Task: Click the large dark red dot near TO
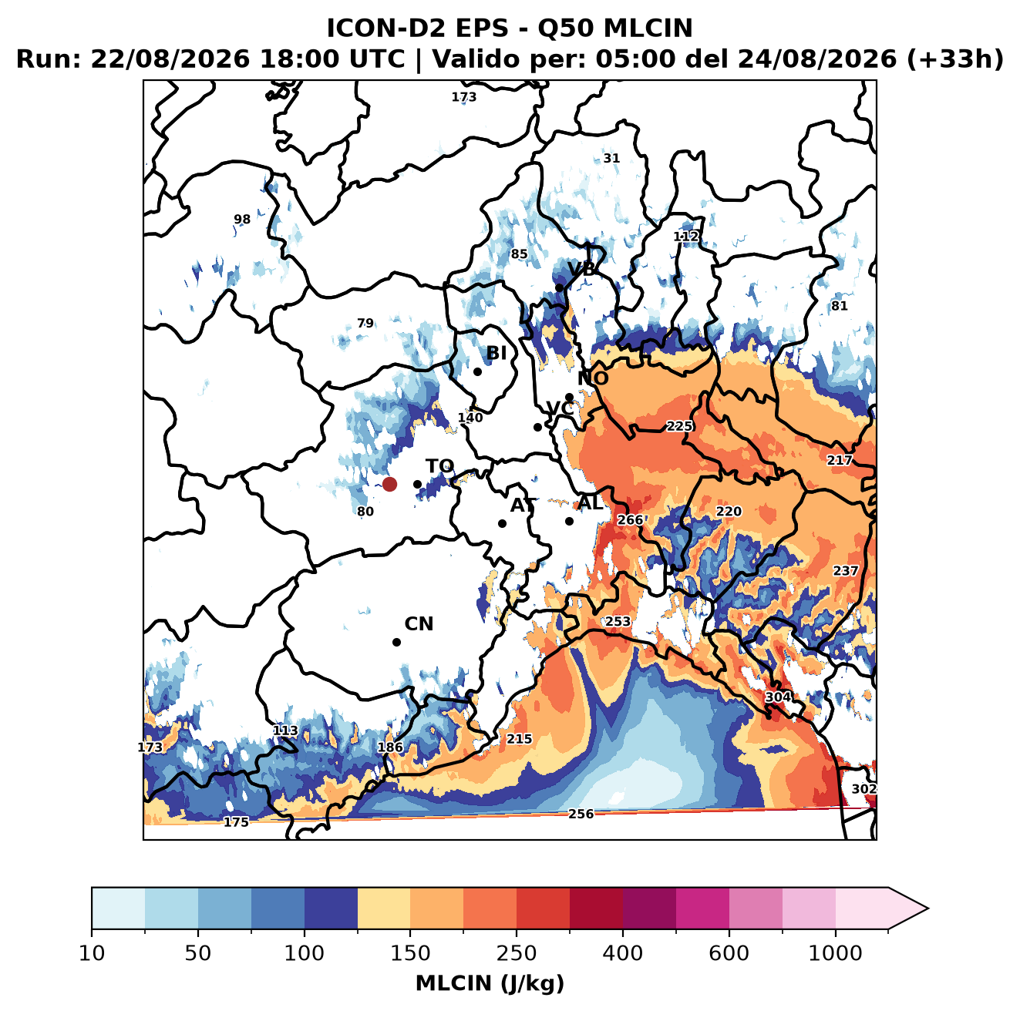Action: click(389, 484)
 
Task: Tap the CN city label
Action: click(419, 624)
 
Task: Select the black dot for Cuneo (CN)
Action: click(396, 642)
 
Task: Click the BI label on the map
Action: click(496, 353)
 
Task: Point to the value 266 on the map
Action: click(630, 520)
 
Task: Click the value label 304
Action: click(778, 697)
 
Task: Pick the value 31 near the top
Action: click(611, 158)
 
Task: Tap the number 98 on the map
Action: click(242, 219)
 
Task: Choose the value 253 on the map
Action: click(618, 621)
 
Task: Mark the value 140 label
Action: click(470, 418)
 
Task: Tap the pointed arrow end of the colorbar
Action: click(927, 909)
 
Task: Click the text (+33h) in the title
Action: click(955, 59)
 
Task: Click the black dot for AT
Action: click(502, 524)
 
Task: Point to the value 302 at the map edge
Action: click(863, 789)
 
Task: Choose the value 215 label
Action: click(519, 738)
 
